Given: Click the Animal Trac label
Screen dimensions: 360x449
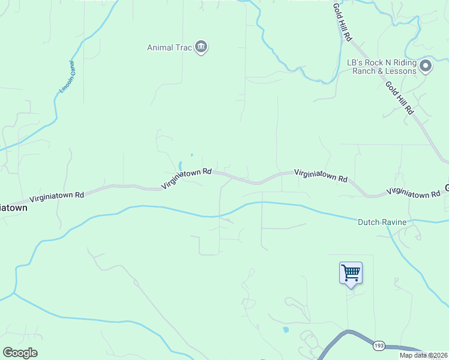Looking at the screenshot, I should coord(169,48).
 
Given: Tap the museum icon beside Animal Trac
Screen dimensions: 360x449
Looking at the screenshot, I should coord(201,47).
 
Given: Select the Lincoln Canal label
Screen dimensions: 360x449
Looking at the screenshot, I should coord(66,77).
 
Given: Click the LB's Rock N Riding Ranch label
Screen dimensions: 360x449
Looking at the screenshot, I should coord(381,62).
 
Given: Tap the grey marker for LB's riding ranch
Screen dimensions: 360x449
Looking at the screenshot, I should coord(426,65).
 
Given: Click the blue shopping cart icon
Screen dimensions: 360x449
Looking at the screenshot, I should coord(351,273).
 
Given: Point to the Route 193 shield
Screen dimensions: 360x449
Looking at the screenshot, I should coord(378,346).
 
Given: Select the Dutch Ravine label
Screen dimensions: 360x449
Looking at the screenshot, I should coord(382,222).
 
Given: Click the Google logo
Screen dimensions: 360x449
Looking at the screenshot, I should coord(20,353).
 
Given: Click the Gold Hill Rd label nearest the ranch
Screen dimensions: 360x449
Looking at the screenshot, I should coord(399,98).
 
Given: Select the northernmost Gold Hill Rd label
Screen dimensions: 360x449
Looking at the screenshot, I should coord(342,22).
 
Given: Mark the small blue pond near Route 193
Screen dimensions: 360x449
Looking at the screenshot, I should coord(285,329).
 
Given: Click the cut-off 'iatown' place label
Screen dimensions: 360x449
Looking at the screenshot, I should coord(13,208).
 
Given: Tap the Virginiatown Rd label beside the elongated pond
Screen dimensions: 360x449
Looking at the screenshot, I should coord(187,179).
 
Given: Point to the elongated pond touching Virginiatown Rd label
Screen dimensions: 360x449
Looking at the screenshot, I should coord(180,165).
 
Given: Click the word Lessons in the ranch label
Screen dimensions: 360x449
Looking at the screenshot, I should coord(401,71).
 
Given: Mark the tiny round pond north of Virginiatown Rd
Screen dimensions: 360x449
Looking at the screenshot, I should coord(191,155).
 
